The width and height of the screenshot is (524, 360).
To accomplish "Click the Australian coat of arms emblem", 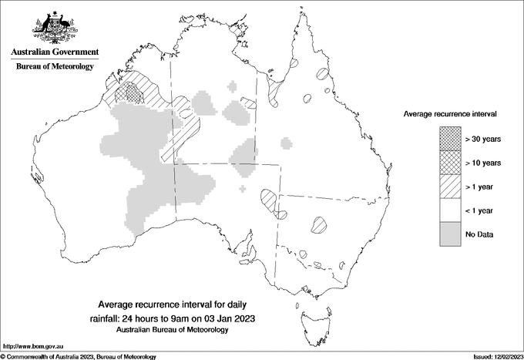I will coord(55,26).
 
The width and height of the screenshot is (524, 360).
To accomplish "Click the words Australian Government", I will coord(55,52).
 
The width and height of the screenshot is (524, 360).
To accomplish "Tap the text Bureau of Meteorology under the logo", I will coord(55,67).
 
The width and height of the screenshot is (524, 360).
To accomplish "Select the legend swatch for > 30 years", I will coord(451,139).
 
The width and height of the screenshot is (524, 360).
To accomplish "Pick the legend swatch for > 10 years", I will coord(451,163).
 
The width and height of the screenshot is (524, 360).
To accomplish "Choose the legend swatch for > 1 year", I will coord(451,187).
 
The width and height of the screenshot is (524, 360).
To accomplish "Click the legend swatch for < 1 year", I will coord(451,210).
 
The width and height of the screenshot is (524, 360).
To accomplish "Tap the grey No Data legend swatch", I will coord(451,234).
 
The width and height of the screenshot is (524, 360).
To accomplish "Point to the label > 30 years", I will coord(482,139).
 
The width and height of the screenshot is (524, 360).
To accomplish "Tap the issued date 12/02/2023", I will coord(505,356).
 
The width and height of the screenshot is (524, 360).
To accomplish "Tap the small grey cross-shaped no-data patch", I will coord(244,187).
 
